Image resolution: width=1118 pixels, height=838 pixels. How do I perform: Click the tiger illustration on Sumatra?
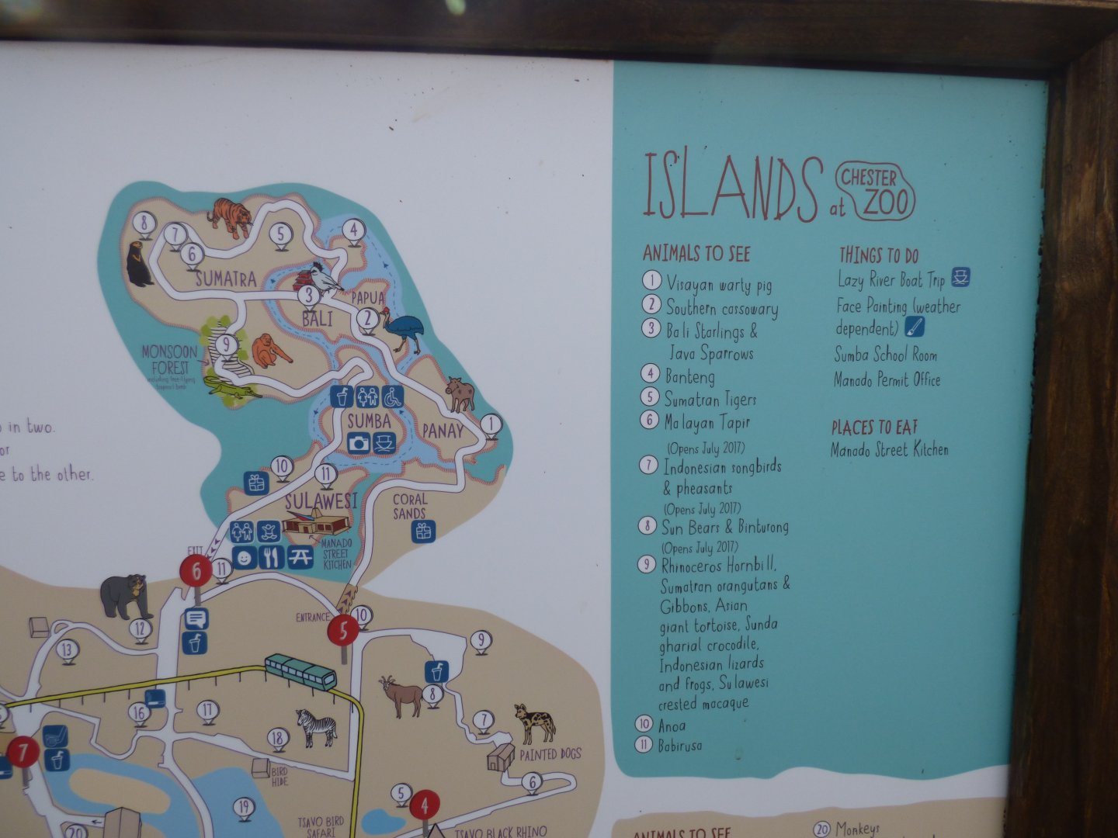click(x=230, y=216)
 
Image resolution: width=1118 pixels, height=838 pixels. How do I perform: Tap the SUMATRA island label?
click(x=225, y=279)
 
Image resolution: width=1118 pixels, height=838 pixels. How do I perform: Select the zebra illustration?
click(x=317, y=728)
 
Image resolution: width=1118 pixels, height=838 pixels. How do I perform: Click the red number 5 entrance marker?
click(x=343, y=629)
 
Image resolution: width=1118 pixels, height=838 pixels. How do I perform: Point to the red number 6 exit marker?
click(x=196, y=572)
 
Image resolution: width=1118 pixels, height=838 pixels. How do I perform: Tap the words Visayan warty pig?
click(x=719, y=285)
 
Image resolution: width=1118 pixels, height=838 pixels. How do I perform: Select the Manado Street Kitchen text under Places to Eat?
click(x=890, y=449)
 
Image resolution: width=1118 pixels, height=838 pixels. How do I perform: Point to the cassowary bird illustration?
click(x=404, y=329)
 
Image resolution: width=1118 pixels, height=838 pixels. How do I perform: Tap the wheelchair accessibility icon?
click(x=392, y=396)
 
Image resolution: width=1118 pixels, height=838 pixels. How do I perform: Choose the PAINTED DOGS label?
click(x=550, y=754)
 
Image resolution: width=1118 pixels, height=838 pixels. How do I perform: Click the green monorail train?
click(x=300, y=671)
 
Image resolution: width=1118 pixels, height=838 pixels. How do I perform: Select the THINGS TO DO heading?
click(x=879, y=255)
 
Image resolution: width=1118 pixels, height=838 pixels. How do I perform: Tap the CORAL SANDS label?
click(x=409, y=507)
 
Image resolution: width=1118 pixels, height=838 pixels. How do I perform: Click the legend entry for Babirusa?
click(x=680, y=746)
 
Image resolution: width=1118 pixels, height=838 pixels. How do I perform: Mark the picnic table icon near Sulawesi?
click(x=300, y=557)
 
